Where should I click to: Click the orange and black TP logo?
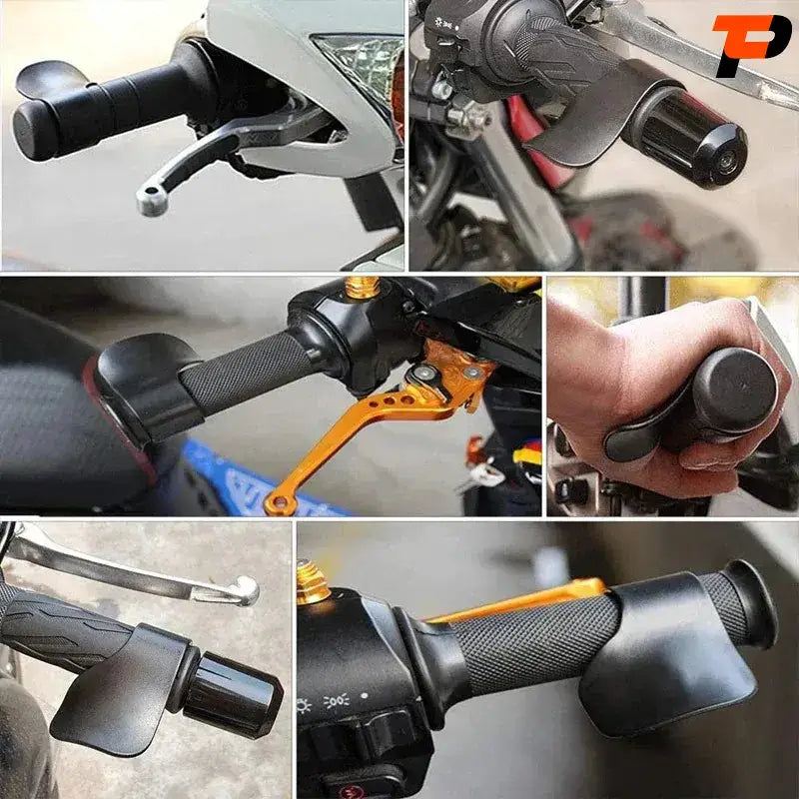(751, 45)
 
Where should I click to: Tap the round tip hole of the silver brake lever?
(152, 193)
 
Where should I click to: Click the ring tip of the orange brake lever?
(280, 503)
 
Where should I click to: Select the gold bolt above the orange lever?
(363, 287)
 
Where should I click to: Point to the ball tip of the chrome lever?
(248, 591)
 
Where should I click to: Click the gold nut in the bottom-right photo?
(313, 582)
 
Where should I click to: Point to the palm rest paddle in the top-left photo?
(48, 77)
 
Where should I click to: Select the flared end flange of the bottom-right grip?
(753, 604)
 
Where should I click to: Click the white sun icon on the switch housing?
(304, 706)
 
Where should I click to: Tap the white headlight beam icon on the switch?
(337, 701)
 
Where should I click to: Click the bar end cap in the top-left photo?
(32, 131)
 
